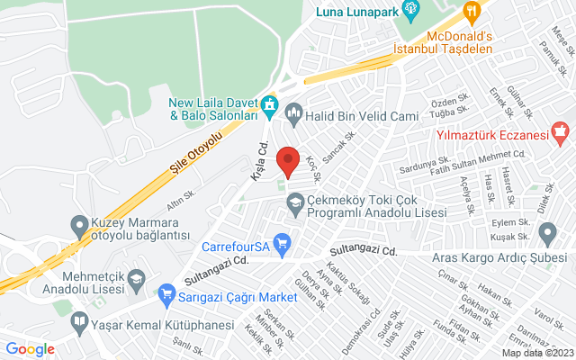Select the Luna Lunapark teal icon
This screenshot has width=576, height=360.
click(x=412, y=12)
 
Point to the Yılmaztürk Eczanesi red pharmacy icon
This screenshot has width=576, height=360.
click(x=562, y=136)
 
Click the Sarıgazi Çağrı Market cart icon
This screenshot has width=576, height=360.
click(x=166, y=293)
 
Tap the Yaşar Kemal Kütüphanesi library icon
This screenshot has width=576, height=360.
click(x=79, y=321)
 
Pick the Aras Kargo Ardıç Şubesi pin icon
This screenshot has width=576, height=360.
click(x=547, y=234)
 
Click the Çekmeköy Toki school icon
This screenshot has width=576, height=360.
click(x=294, y=204)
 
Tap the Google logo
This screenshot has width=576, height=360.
click(x=30, y=349)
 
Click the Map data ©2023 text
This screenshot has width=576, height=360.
click(x=536, y=353)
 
